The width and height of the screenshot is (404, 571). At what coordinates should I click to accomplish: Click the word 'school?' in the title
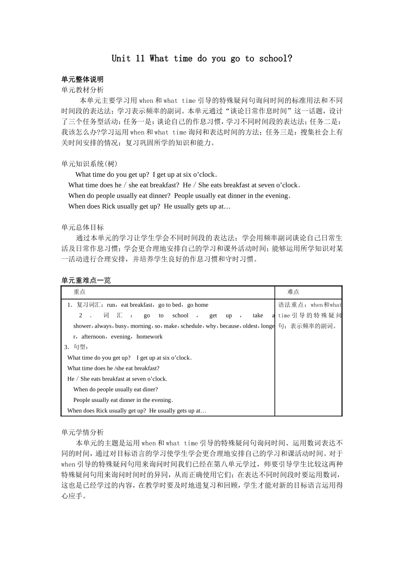[x=276, y=59]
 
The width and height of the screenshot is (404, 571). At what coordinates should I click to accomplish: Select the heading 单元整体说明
[x=82, y=79]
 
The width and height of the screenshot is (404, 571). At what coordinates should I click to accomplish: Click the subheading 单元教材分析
[x=82, y=90]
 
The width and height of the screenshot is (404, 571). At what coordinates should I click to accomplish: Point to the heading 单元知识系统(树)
[x=89, y=164]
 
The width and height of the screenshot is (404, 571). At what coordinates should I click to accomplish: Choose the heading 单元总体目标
[x=82, y=227]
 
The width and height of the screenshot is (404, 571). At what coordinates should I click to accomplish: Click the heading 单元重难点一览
[x=86, y=280]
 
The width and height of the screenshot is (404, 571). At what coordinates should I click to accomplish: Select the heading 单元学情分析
[x=82, y=432]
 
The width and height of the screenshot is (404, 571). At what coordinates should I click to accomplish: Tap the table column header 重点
[x=80, y=292]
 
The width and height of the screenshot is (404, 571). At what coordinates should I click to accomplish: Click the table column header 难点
[x=293, y=292]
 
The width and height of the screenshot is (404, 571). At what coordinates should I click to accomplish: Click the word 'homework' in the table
[x=149, y=336]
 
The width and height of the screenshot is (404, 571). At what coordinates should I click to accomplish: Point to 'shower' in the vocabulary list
[x=82, y=326]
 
